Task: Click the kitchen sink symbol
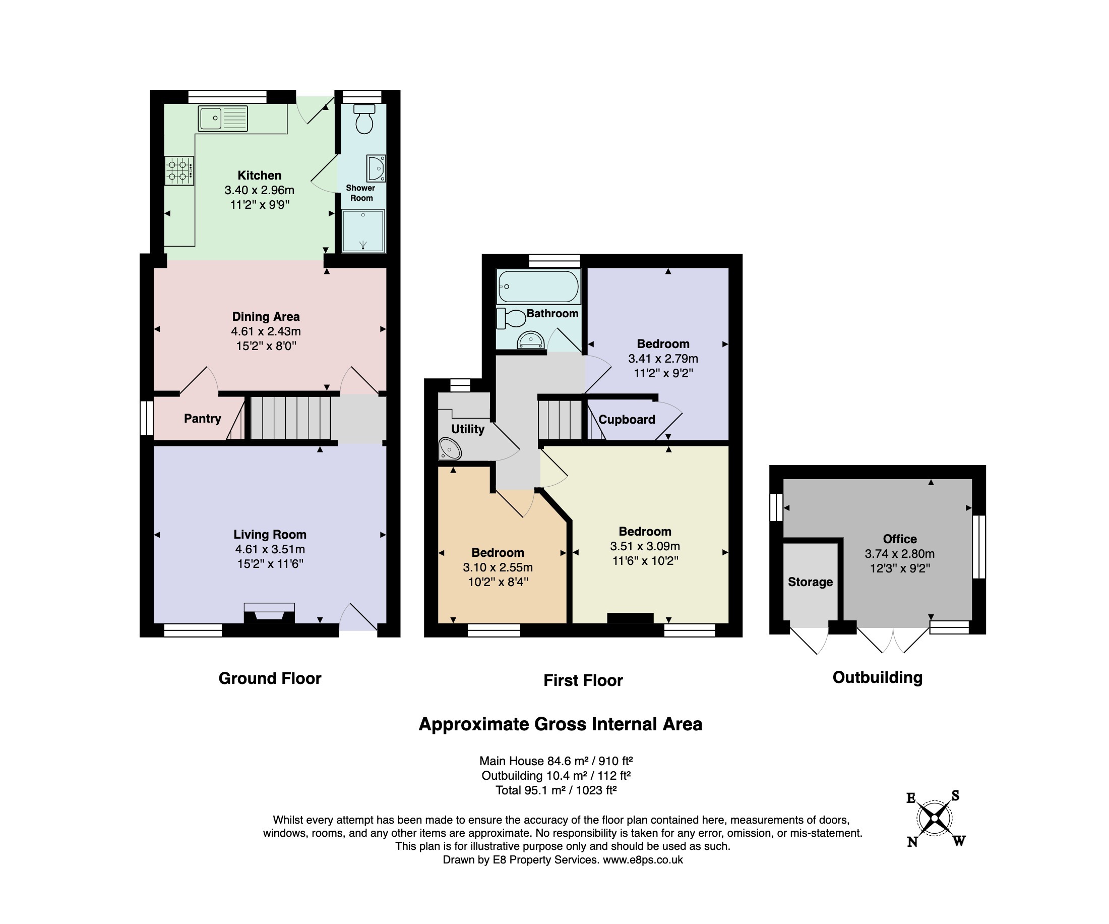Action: pyautogui.click(x=223, y=119)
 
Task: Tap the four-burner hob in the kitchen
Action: pyautogui.click(x=179, y=170)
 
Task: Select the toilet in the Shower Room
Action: pyautogui.click(x=364, y=119)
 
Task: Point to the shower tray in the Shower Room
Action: pyautogui.click(x=363, y=231)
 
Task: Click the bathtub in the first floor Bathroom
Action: pyautogui.click(x=539, y=286)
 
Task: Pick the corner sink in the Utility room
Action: pyautogui.click(x=450, y=448)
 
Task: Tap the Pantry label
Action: pyautogui.click(x=202, y=419)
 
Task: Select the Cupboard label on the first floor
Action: pyautogui.click(x=627, y=420)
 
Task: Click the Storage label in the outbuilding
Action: pyautogui.click(x=810, y=582)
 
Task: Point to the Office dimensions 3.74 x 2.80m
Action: pyautogui.click(x=899, y=554)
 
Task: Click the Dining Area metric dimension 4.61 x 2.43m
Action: pyautogui.click(x=266, y=331)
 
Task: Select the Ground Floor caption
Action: pyautogui.click(x=270, y=678)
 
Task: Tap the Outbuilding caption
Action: pyautogui.click(x=877, y=677)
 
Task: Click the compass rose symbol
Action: pyautogui.click(x=934, y=819)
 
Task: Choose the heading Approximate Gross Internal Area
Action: pyautogui.click(x=561, y=724)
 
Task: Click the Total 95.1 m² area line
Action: pyautogui.click(x=556, y=790)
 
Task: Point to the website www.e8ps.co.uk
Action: pyautogui.click(x=643, y=859)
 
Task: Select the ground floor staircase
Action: pyautogui.click(x=290, y=418)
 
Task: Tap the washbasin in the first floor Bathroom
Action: pyautogui.click(x=530, y=340)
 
